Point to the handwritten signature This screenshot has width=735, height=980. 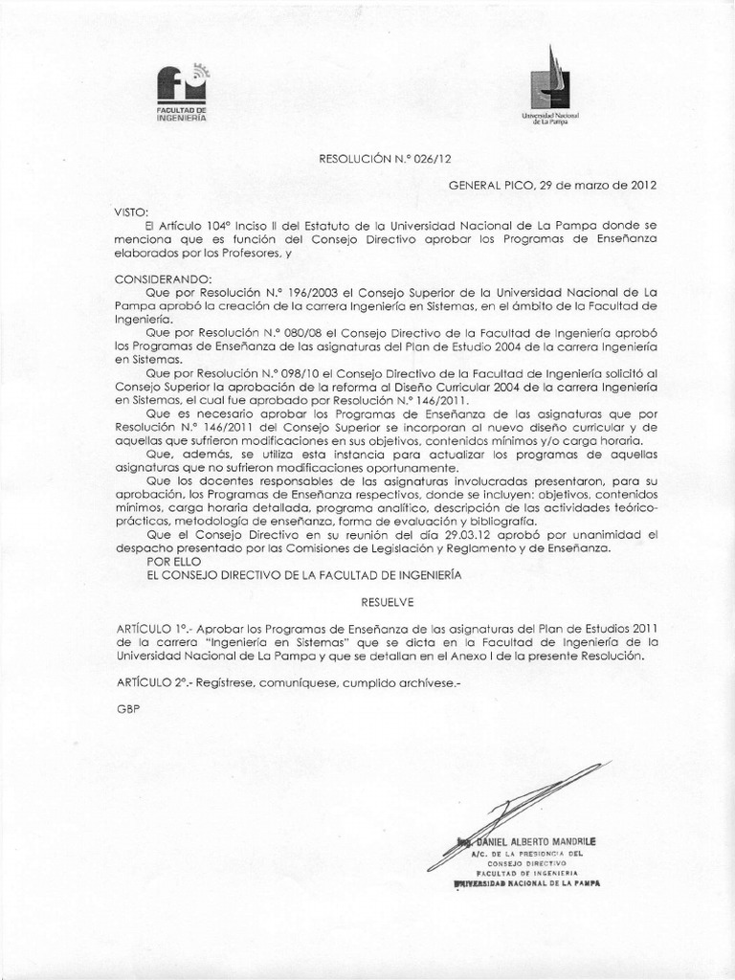[517, 804]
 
